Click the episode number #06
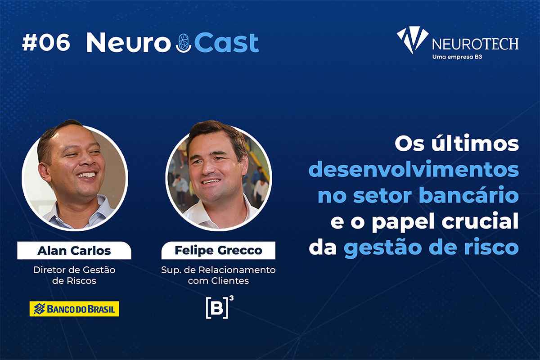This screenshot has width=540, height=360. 46,42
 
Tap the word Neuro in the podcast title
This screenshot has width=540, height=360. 129,42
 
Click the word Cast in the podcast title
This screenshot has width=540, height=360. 227,43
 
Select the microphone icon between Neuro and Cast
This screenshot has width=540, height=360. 184,43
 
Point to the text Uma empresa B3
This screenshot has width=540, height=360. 457,57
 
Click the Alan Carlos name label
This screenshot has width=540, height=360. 74,251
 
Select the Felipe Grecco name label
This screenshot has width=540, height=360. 218,250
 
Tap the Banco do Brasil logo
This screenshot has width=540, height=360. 74,309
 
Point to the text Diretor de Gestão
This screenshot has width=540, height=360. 74,270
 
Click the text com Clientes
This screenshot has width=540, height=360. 218,281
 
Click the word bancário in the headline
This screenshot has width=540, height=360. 469,195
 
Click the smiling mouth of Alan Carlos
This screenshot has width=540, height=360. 86,175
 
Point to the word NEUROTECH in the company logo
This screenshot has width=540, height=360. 475,44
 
